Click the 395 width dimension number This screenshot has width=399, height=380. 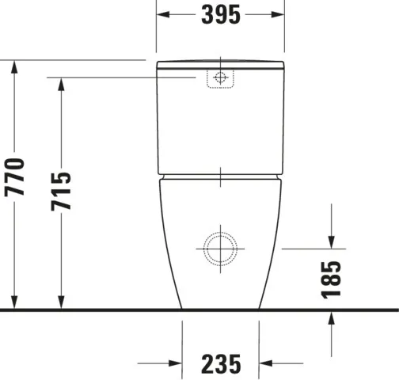click(x=221, y=15)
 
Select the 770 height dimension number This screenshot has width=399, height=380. click(x=14, y=177)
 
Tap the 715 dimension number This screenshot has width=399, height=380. click(x=61, y=192)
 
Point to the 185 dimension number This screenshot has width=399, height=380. click(x=331, y=279)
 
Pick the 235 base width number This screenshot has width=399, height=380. click(x=221, y=364)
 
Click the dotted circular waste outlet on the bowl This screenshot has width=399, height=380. click(x=220, y=249)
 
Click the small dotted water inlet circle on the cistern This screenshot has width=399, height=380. click(x=220, y=78)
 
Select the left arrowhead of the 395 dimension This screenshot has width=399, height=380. click(x=163, y=14)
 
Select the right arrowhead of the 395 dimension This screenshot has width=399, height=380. click(x=278, y=14)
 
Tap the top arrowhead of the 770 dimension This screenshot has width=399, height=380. click(x=14, y=67)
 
